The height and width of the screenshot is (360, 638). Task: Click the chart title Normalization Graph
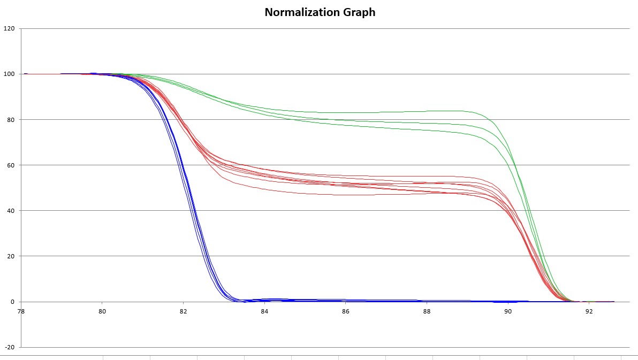click(x=320, y=12)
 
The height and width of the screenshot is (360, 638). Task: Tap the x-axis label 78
click(x=21, y=311)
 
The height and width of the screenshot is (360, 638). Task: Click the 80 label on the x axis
click(x=102, y=311)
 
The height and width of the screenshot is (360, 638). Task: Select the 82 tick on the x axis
click(x=183, y=311)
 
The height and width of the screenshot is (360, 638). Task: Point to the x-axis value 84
click(x=264, y=311)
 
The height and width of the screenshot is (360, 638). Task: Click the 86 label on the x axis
click(x=346, y=311)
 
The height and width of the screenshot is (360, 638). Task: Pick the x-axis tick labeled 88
click(x=427, y=311)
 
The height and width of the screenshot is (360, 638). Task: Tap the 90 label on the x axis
click(x=508, y=311)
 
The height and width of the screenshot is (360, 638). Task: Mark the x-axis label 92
click(x=589, y=311)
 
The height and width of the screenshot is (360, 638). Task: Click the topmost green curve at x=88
click(x=427, y=111)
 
